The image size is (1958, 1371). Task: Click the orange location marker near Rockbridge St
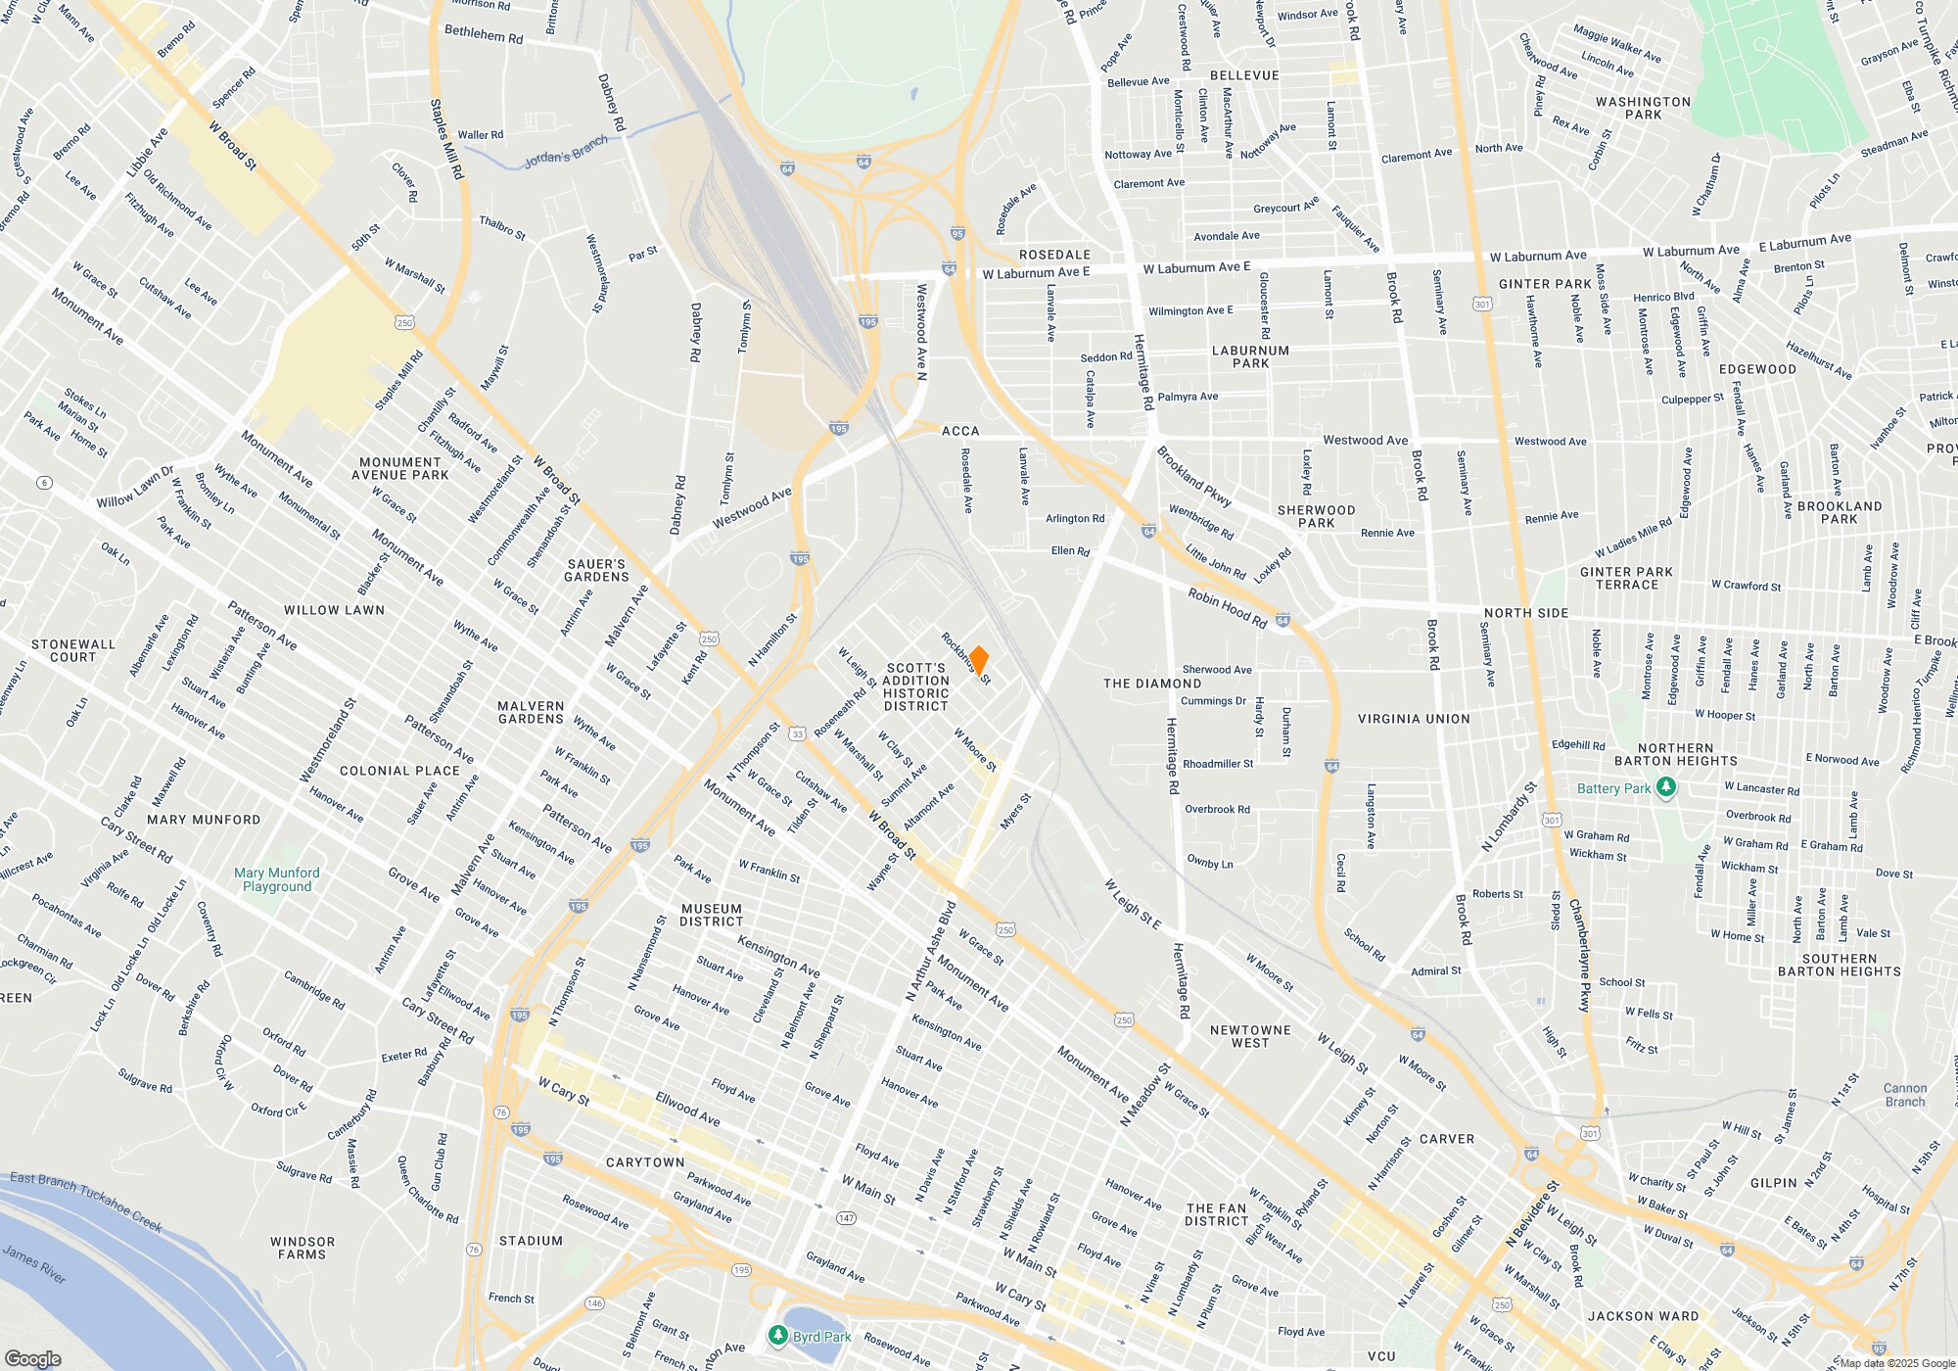click(978, 661)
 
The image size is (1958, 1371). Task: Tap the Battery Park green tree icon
click(1665, 788)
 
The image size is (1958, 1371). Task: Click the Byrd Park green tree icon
click(777, 1336)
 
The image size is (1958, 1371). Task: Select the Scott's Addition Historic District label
click(915, 686)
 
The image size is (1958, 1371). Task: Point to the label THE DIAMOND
click(1152, 684)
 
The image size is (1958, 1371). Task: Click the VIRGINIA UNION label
click(1414, 719)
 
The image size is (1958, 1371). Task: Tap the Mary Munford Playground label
click(277, 879)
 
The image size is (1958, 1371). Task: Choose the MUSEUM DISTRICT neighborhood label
click(712, 915)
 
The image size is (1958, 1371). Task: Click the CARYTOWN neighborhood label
click(645, 1162)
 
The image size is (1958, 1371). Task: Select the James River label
click(34, 1263)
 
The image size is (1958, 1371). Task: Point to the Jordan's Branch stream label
click(566, 153)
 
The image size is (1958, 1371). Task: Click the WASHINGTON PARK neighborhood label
click(1643, 108)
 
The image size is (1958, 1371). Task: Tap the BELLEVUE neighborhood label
click(1244, 75)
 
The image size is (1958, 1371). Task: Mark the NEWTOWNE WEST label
click(1250, 1036)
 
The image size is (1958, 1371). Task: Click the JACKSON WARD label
click(1644, 1316)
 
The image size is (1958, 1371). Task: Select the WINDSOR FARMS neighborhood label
click(303, 1248)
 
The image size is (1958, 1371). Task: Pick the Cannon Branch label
click(1904, 1095)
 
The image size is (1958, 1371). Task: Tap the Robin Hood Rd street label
click(1227, 608)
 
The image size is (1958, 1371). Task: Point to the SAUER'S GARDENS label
click(596, 570)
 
